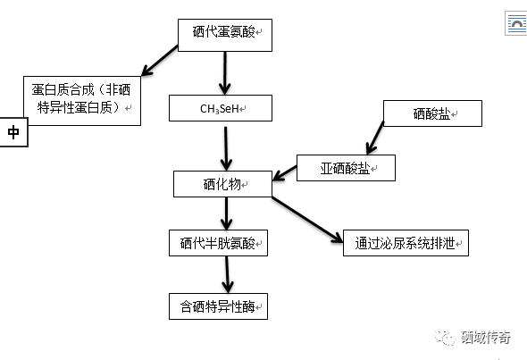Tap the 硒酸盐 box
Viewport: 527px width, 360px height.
pos(432,113)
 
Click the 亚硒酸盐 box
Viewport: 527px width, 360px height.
pos(345,167)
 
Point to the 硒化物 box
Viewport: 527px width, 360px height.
pos(222,185)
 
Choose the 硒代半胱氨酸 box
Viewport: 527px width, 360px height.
pos(219,242)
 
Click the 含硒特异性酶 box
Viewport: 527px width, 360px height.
pos(219,306)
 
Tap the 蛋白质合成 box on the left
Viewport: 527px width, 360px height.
pos(81,100)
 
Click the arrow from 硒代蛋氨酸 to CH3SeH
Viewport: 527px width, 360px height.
pos(225,71)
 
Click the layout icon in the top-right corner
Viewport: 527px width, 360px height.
pos(516,24)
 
